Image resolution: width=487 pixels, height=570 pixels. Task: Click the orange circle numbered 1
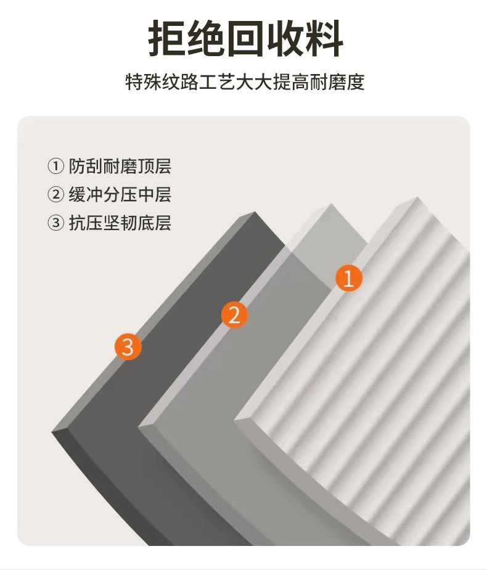coord(349,278)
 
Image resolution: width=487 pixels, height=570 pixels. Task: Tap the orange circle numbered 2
coord(235,315)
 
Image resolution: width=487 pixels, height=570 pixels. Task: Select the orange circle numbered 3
coord(128,347)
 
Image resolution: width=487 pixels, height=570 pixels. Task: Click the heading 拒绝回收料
coord(246,38)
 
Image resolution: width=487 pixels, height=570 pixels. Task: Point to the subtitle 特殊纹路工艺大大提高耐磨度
coord(245,82)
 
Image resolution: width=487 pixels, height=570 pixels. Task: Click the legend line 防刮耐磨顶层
coord(120,166)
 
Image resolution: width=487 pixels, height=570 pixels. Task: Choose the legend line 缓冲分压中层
coord(120,194)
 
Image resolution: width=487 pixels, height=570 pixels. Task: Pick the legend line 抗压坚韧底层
coord(120,223)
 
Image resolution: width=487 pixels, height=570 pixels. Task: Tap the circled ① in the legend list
coord(56,167)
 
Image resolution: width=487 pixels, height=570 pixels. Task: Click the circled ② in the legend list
coord(56,194)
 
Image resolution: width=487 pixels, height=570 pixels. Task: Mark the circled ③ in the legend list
coord(56,223)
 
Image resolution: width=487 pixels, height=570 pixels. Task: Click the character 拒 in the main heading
coord(166,38)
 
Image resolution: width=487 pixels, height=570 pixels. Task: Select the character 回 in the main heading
coord(245,38)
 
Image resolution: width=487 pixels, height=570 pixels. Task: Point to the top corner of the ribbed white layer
coord(418,197)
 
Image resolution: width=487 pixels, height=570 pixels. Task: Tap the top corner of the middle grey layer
coord(331,204)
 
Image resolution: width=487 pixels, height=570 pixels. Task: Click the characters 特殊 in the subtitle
coord(144,82)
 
